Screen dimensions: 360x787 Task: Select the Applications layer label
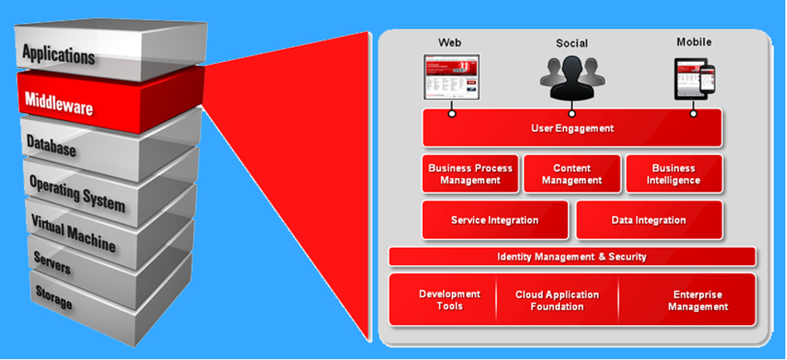coord(58,55)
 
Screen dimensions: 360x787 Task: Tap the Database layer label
coord(51,147)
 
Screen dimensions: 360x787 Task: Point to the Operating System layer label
coord(77,192)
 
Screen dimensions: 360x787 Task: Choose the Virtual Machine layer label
coord(73,232)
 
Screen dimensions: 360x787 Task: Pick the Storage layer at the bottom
coord(53,299)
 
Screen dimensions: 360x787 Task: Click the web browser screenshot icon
coord(451,76)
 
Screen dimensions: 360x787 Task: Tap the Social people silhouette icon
coord(572,78)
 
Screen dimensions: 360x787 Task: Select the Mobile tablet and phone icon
coord(694,78)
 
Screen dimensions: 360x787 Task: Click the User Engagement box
coord(572,128)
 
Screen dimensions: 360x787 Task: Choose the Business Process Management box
coord(470,174)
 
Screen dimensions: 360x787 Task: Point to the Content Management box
coord(572,174)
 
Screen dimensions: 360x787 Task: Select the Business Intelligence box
coord(673,174)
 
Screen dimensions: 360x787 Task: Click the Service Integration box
coord(495,220)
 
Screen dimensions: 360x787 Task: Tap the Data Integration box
coord(648,220)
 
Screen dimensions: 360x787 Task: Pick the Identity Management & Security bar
coord(572,257)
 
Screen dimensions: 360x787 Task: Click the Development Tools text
coord(449,300)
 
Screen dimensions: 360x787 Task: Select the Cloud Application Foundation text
coord(557,300)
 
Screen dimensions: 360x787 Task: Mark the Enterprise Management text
coord(698,300)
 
